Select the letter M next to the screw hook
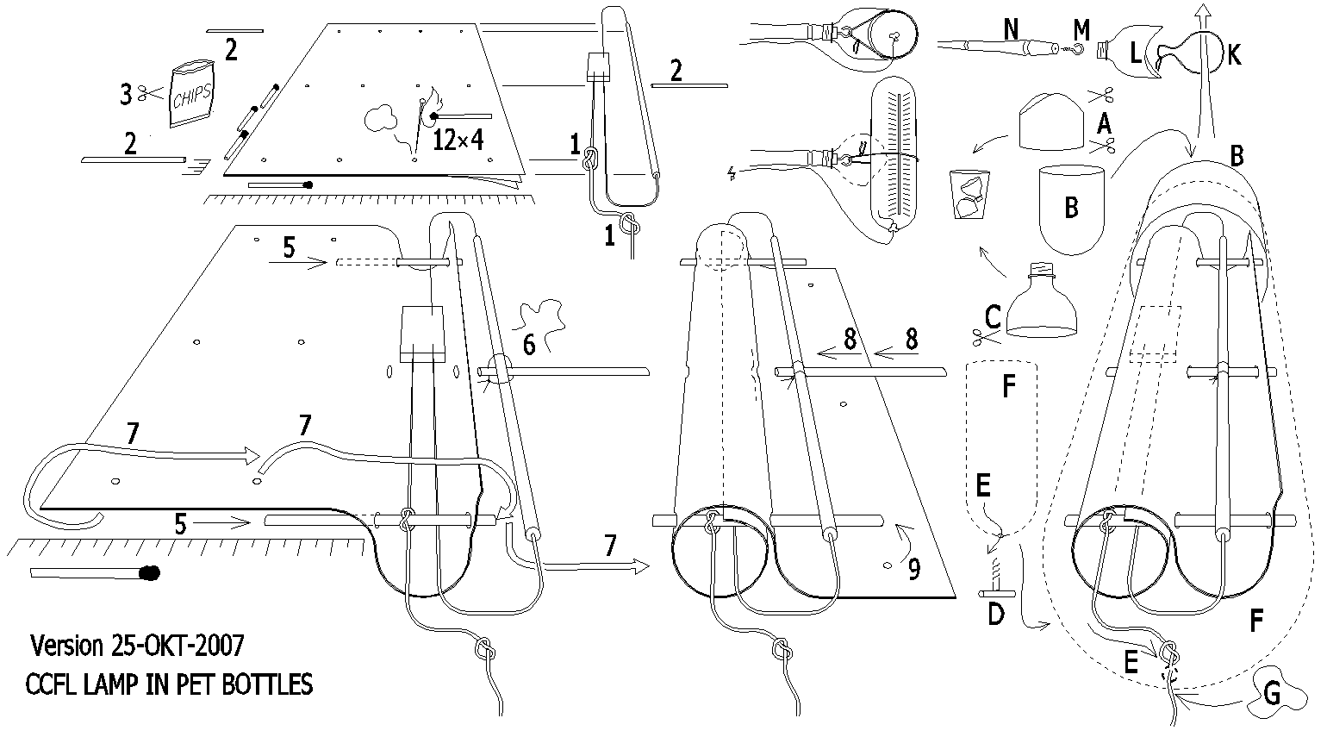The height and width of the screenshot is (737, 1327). [x=1081, y=31]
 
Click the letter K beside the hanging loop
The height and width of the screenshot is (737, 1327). [x=1234, y=55]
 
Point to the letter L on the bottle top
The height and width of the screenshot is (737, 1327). [x=1135, y=54]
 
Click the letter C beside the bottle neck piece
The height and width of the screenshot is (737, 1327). [x=992, y=316]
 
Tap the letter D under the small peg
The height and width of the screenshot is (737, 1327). [x=995, y=615]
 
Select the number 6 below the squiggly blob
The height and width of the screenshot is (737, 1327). [x=529, y=345]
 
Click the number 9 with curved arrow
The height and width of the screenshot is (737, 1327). [x=913, y=568]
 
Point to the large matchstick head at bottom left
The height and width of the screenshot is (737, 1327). [x=149, y=572]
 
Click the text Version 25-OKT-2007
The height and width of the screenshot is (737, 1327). [x=137, y=644]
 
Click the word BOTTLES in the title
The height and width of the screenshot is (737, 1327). [x=268, y=685]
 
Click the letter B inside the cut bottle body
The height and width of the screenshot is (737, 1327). [x=1072, y=208]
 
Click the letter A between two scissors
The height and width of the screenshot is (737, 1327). [x=1103, y=123]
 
